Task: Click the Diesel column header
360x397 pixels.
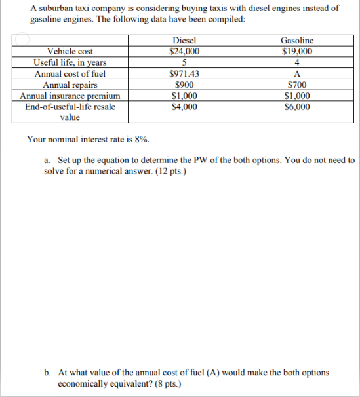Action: (184, 41)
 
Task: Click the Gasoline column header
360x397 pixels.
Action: (297, 41)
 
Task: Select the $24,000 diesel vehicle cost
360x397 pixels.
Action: (184, 52)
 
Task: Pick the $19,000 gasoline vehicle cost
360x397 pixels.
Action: (297, 52)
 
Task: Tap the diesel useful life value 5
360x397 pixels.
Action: (184, 63)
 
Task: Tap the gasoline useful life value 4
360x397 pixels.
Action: (297, 63)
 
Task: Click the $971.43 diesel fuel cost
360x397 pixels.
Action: (184, 74)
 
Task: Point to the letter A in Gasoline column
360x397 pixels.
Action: (297, 74)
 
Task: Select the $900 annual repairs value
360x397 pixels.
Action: (184, 85)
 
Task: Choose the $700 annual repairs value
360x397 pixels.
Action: (297, 85)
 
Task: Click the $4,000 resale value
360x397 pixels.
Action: (184, 107)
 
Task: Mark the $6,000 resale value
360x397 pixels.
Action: (297, 107)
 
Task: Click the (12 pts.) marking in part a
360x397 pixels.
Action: (169, 171)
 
